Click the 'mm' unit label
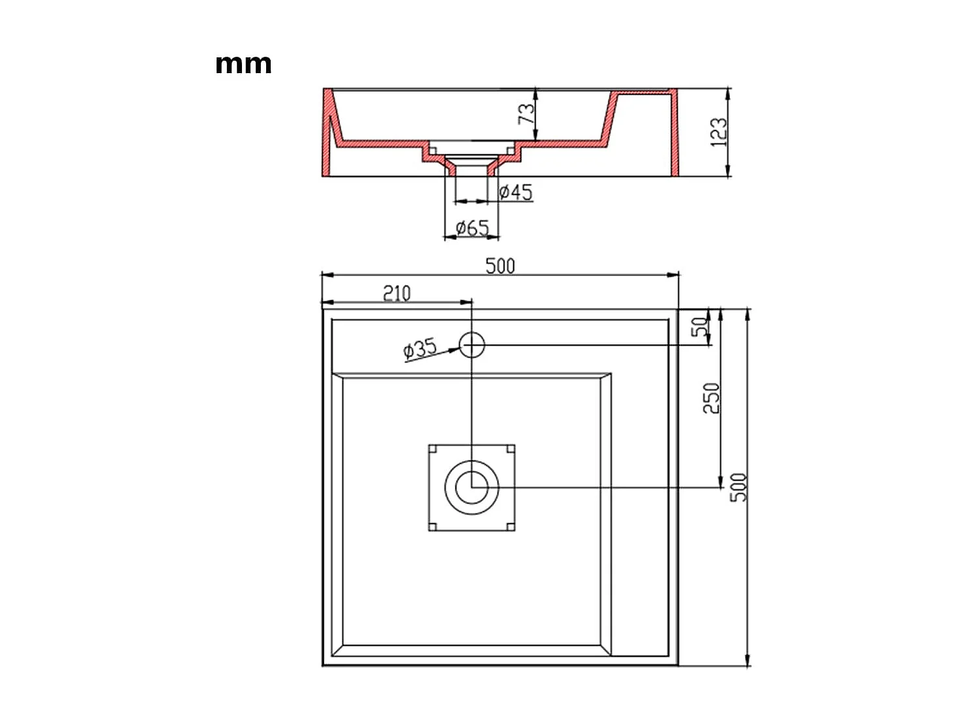coord(243,64)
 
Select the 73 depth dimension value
coord(526,113)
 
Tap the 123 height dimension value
coord(718,132)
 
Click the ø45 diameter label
coord(515,192)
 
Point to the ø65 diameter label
coord(472,228)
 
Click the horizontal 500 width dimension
coord(500,265)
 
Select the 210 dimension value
coord(397,294)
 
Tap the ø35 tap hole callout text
coord(420,349)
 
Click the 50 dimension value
coord(701,326)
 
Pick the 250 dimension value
coord(711,398)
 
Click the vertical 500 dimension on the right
coord(738,487)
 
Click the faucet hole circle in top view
coord(472,344)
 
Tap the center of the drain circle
coord(472,487)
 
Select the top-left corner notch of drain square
coord(432,448)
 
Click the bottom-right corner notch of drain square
coord(511,526)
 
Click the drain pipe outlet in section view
coord(472,171)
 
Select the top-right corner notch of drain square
coord(511,448)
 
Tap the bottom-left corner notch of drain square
coord(432,526)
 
